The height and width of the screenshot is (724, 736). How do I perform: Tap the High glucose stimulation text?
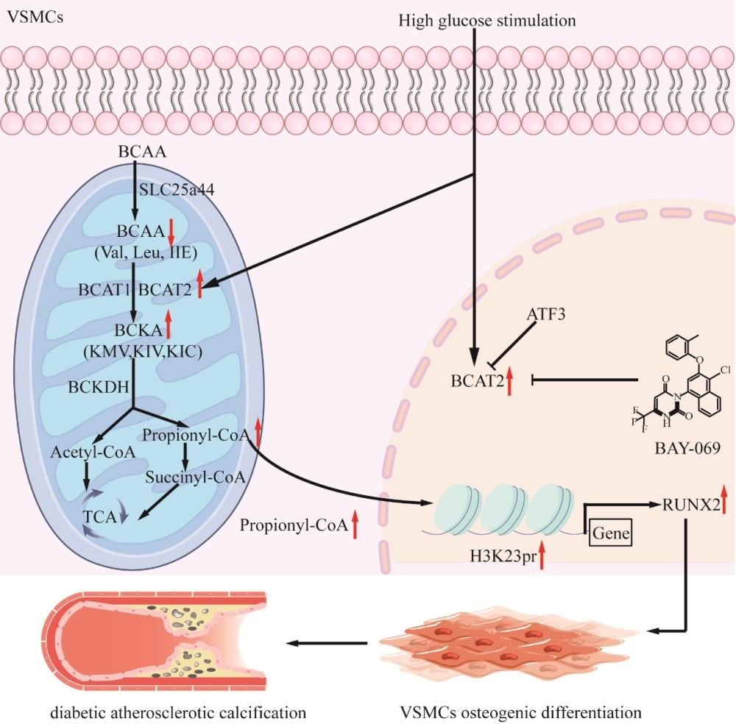pos(486,20)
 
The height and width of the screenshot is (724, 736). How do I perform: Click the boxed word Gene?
pos(611,532)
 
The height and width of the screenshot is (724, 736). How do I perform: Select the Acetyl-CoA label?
pos(93,451)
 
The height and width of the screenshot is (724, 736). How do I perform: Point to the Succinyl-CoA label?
pos(194,476)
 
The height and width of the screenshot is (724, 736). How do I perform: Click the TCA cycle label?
pos(101,517)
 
